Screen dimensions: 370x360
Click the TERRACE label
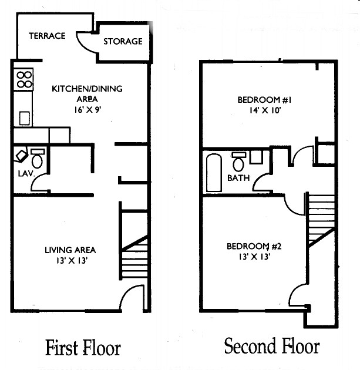point(47,36)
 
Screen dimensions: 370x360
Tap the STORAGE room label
point(123,41)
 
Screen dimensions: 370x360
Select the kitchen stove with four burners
point(24,79)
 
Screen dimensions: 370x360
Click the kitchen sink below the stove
point(25,117)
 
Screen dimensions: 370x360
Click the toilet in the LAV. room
point(38,159)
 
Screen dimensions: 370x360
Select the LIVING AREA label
point(70,250)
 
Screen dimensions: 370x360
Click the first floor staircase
point(135,256)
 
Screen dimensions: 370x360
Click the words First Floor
point(83,348)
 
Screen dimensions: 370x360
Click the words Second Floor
point(272,347)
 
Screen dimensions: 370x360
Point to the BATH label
point(238,177)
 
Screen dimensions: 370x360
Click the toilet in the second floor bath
point(239,161)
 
